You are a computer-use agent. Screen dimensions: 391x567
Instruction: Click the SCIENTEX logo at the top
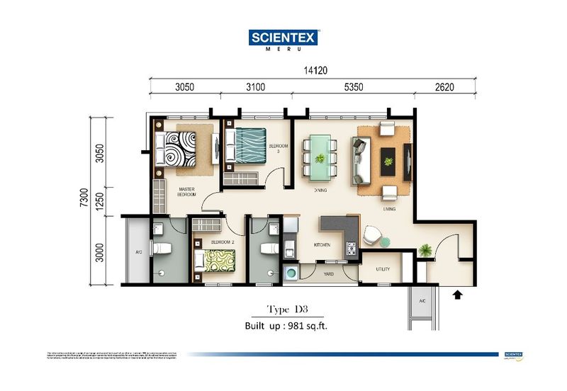pos(283,38)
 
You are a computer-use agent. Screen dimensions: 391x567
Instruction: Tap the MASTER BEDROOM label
pos(186,192)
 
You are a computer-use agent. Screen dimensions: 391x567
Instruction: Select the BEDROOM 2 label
pos(224,242)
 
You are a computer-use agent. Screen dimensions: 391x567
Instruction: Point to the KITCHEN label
pos(323,244)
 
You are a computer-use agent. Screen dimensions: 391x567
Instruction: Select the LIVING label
pos(388,209)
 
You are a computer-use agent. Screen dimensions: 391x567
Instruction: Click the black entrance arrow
pos(456,291)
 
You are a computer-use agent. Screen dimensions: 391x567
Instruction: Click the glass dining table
pos(321,156)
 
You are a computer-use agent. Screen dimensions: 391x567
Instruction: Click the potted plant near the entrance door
pos(425,249)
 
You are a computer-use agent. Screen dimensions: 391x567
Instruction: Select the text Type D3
pos(286,310)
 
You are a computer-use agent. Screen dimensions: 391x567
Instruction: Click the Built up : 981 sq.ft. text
pos(286,327)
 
